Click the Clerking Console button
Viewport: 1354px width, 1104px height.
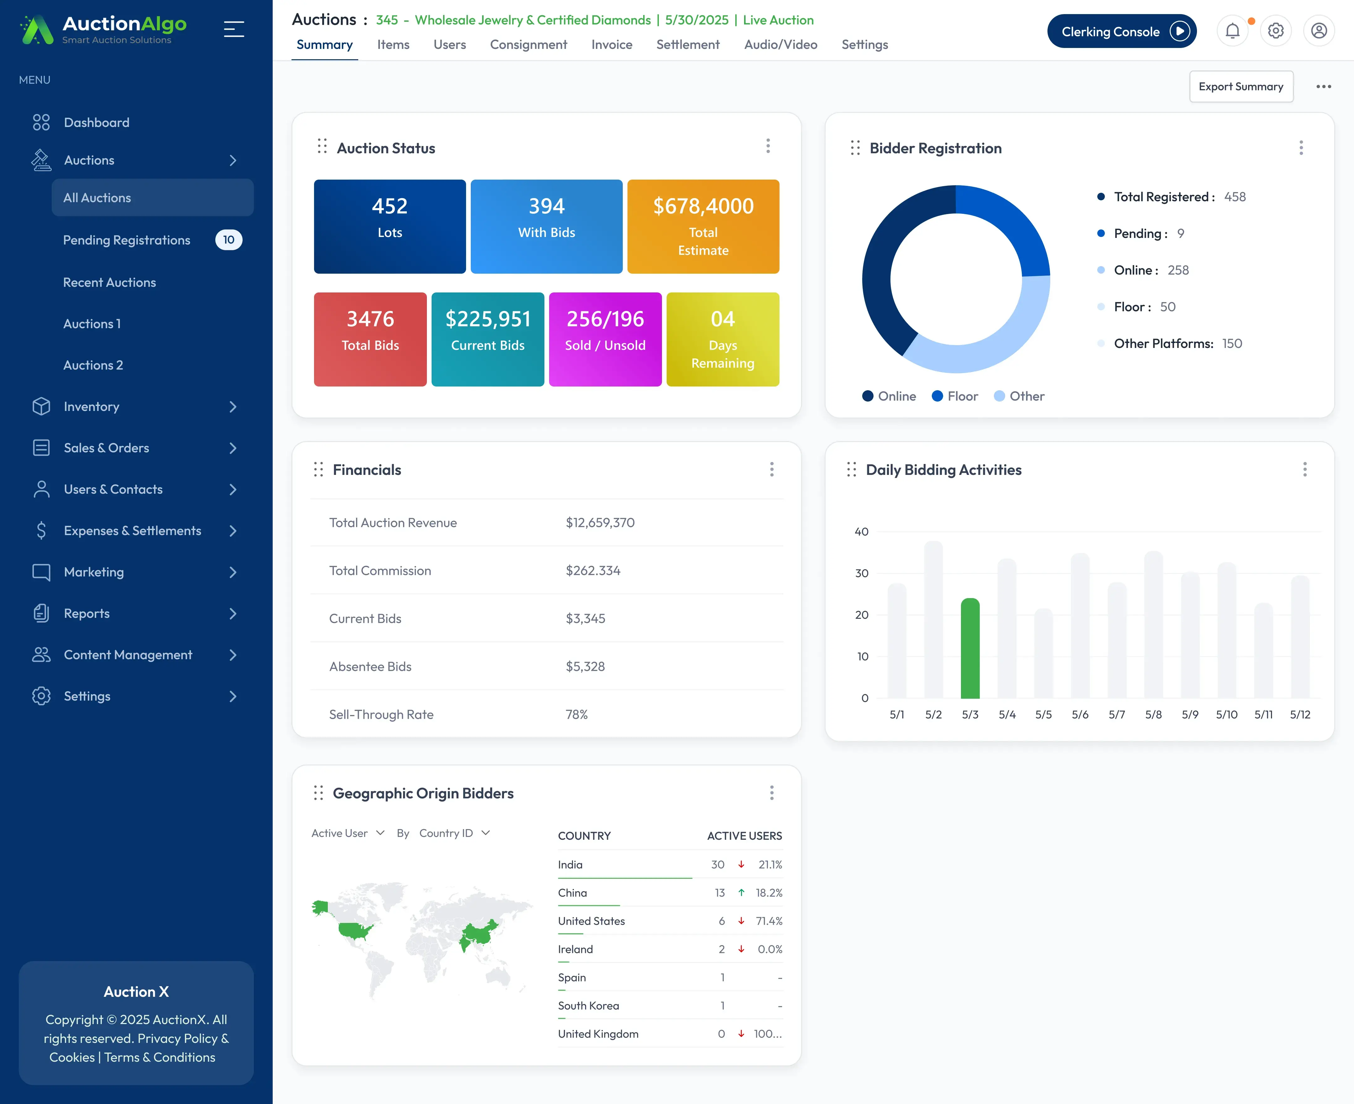[x=1121, y=31]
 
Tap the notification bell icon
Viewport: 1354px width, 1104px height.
[x=1232, y=30]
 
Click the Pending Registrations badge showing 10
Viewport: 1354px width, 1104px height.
[x=228, y=240]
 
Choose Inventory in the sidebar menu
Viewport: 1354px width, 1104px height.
[x=92, y=406]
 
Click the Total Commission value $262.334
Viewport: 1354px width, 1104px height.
[x=593, y=570]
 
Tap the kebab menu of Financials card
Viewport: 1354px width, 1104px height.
[x=771, y=469]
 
